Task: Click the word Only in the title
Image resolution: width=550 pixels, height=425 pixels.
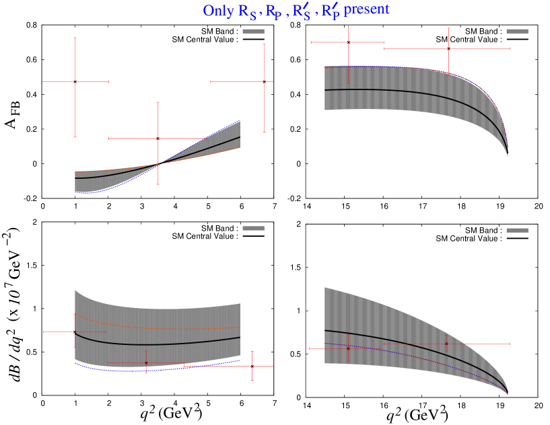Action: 219,11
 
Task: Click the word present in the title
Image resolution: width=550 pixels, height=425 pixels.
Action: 367,10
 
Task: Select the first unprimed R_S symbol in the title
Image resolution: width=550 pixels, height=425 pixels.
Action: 247,12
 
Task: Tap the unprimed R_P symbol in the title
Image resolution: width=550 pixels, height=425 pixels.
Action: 273,12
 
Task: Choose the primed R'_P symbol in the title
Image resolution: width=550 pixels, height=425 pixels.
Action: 329,12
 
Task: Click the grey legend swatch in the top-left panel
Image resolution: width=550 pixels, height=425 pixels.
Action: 253,31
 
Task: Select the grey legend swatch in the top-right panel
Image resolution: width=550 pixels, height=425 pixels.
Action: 517,31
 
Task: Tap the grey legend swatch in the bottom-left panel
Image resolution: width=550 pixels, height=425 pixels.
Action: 253,229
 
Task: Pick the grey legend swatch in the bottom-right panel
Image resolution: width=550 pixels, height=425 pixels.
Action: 517,230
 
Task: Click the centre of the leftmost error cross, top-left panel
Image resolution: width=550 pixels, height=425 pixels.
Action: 75,82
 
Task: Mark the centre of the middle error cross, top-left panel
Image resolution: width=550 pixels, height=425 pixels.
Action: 158,139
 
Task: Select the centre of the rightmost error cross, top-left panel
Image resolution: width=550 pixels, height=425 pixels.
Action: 264,82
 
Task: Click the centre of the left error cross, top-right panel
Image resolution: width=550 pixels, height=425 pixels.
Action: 348,43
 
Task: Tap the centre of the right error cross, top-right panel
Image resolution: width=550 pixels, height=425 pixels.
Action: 448,48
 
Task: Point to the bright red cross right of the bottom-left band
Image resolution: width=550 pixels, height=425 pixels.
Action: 252,366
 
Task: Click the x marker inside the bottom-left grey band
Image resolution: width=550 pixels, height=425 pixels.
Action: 146,363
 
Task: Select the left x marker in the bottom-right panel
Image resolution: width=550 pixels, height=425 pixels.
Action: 348,348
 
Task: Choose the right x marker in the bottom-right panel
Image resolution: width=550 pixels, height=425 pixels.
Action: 446,344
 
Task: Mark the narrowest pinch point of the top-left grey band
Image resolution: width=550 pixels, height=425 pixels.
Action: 160,163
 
